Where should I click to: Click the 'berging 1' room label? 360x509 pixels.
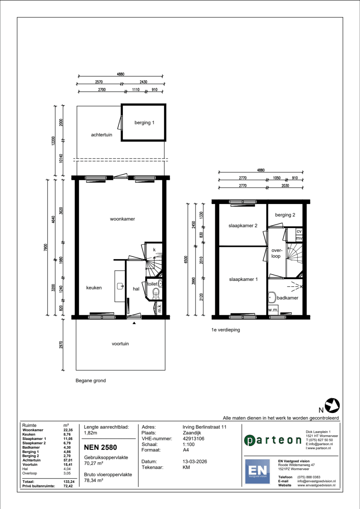click(144, 123)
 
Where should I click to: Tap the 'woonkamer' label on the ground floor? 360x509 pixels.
click(122, 219)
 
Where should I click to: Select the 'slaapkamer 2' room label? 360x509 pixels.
click(243, 226)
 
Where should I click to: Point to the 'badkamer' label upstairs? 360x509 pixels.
click(287, 298)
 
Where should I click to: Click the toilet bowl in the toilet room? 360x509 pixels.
click(156, 293)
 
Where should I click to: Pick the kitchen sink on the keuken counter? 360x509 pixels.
click(120, 286)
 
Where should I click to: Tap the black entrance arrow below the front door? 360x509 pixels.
click(134, 323)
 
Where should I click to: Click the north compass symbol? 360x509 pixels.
click(332, 405)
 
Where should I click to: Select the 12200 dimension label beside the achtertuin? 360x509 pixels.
click(53, 141)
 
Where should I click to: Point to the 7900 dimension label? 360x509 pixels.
click(45, 247)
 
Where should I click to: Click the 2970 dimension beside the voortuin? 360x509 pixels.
click(61, 345)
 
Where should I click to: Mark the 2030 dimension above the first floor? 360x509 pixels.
click(285, 185)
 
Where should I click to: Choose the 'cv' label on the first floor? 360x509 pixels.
click(299, 231)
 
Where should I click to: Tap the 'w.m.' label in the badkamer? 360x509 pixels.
click(273, 310)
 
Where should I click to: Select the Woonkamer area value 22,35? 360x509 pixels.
click(68, 430)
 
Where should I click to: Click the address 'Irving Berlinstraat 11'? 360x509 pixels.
click(204, 427)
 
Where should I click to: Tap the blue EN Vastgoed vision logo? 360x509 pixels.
click(257, 472)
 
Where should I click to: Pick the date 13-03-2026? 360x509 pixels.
click(195, 462)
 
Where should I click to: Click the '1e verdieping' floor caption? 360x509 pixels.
click(226, 330)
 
